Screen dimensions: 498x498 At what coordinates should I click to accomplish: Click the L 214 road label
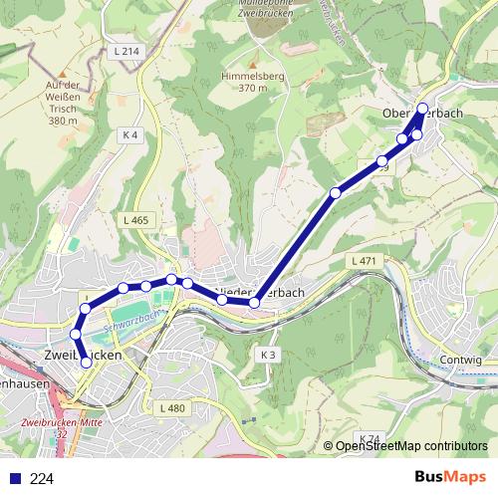click(126, 50)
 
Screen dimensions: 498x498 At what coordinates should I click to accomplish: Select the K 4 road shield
click(129, 134)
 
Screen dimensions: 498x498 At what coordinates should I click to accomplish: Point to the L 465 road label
click(137, 220)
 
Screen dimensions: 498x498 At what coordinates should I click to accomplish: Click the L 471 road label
click(364, 260)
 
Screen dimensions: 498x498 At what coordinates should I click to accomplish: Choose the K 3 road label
click(268, 355)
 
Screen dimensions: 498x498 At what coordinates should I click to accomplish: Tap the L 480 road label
click(172, 408)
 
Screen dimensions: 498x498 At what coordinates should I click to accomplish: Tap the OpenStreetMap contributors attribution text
click(411, 447)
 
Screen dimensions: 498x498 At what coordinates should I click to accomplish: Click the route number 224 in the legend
click(42, 478)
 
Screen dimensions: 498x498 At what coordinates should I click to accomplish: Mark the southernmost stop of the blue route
click(86, 363)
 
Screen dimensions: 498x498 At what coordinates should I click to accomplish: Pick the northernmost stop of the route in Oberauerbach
click(422, 108)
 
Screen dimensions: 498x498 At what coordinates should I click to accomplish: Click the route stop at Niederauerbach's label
click(254, 302)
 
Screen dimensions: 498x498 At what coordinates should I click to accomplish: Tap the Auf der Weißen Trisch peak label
click(62, 103)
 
